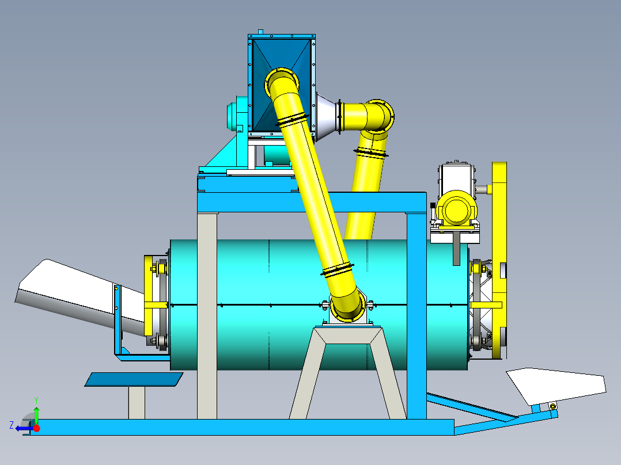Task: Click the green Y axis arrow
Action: (36, 413)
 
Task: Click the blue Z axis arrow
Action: (22, 428)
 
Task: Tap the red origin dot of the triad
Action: (37, 428)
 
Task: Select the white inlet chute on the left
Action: (69, 294)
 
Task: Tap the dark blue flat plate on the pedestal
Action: (134, 379)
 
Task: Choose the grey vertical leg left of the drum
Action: (207, 317)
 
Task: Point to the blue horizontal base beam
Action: (242, 427)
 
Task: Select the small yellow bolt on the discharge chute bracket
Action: (553, 406)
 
